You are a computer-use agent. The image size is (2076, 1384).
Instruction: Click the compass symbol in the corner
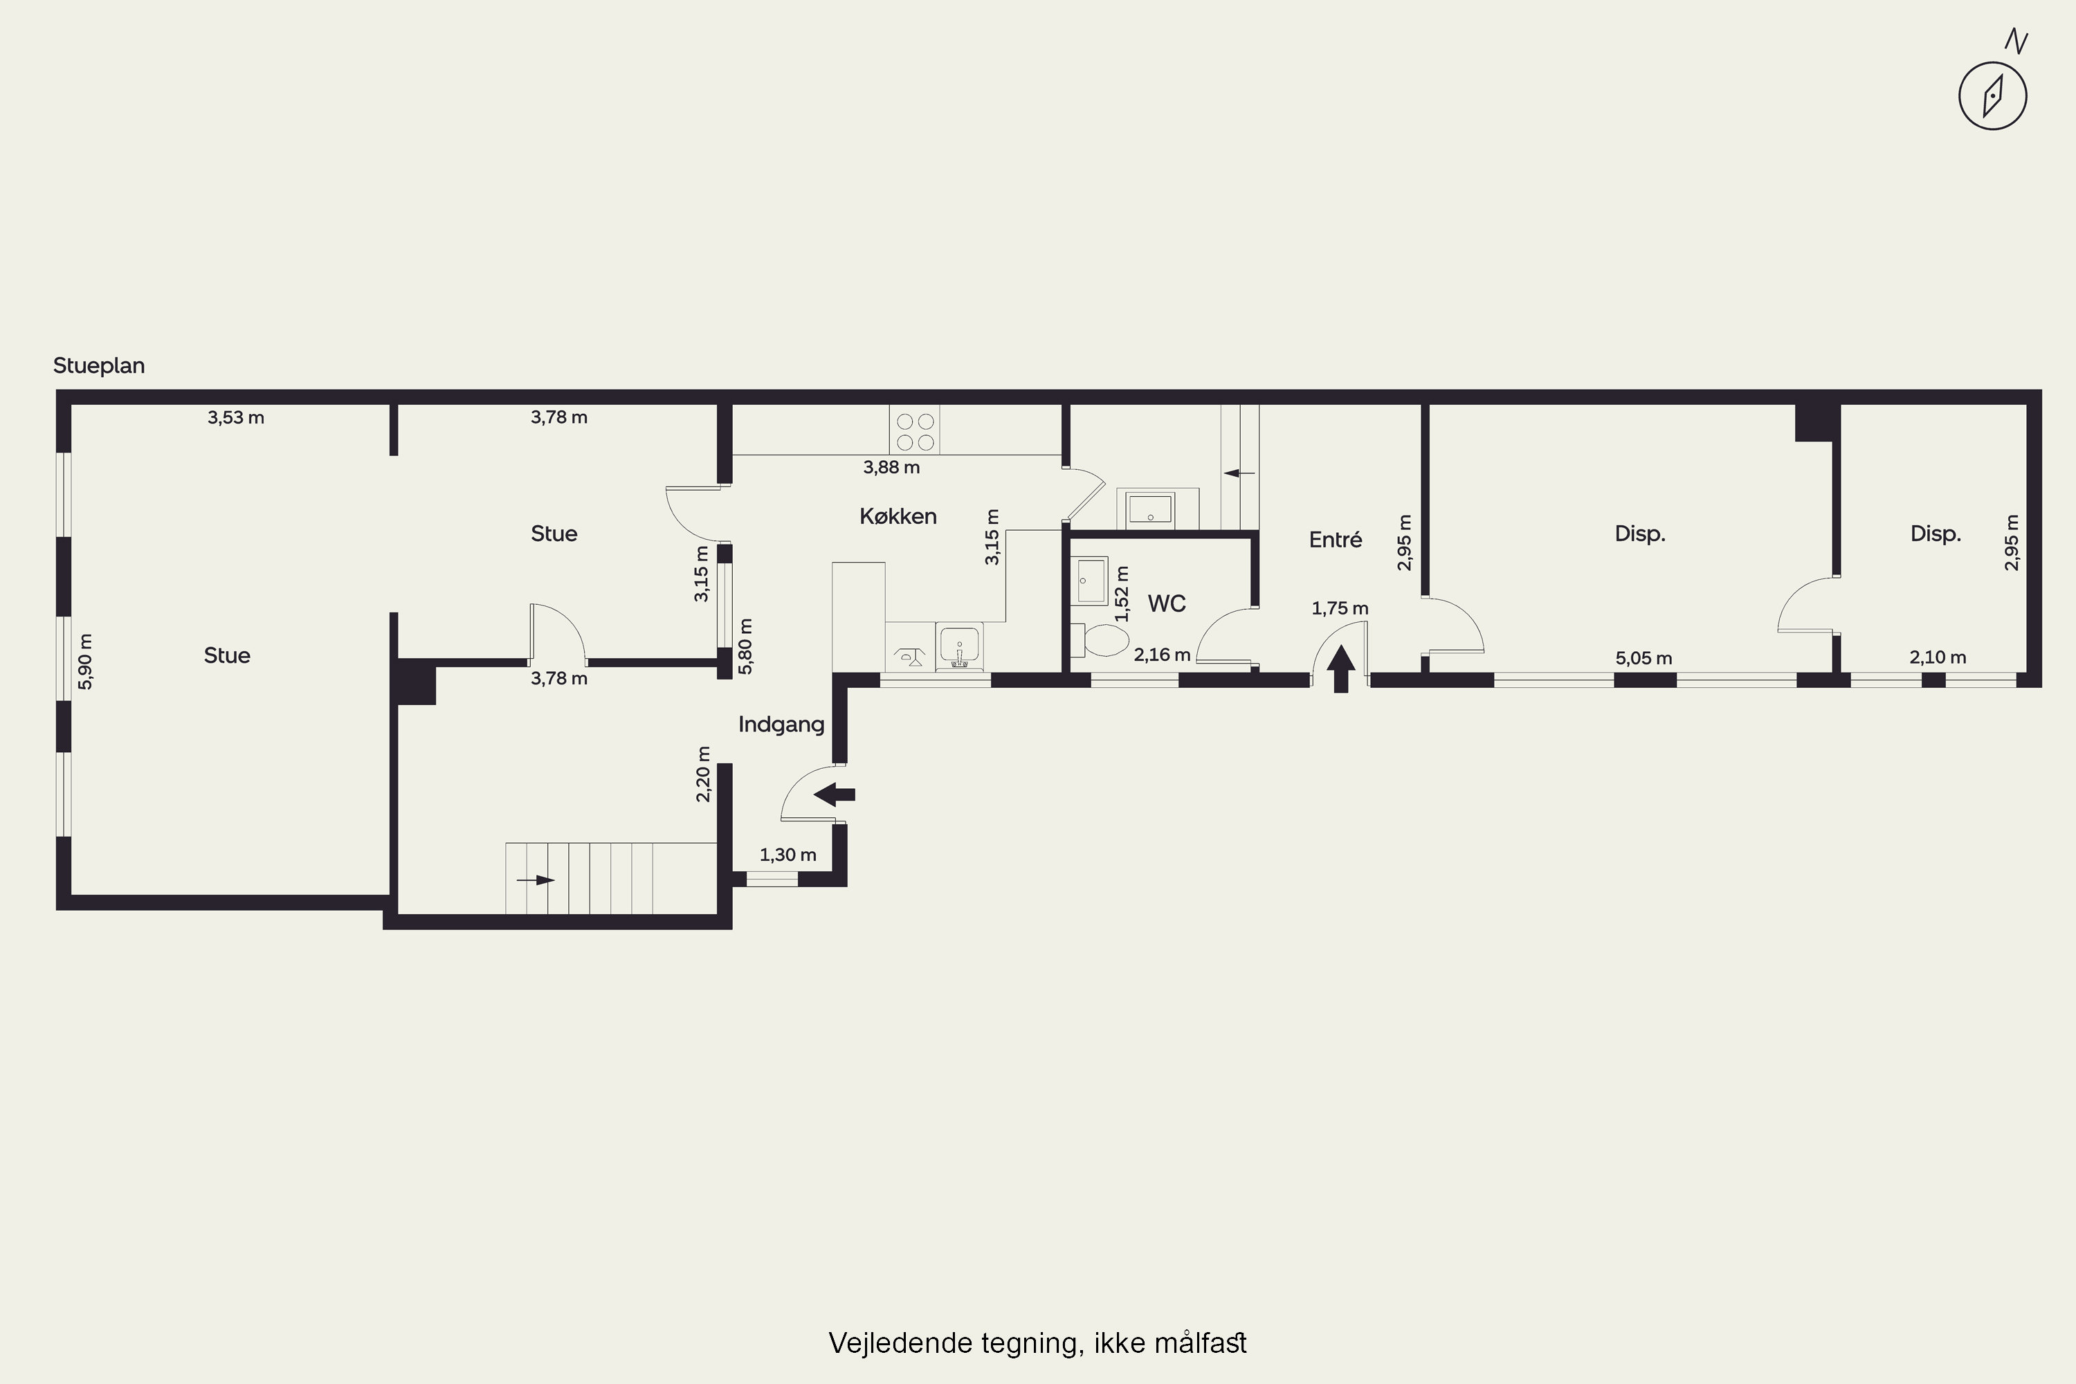point(1992,95)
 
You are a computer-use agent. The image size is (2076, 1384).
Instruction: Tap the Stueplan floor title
point(99,365)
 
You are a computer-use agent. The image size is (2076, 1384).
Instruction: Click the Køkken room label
point(898,516)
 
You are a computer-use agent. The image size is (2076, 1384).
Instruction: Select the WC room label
point(1166,603)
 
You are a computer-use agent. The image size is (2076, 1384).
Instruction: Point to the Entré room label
point(1336,539)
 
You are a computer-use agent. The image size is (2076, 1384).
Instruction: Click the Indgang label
point(781,725)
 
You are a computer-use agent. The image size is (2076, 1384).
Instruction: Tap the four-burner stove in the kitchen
point(914,430)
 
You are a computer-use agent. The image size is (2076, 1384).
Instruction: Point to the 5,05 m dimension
point(1643,659)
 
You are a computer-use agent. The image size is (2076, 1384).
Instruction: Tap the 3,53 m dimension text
point(236,417)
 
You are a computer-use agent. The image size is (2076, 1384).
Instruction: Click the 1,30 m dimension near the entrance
point(788,855)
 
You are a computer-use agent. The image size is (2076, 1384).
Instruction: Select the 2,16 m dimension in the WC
point(1162,655)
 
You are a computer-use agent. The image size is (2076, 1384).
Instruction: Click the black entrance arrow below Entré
point(1341,669)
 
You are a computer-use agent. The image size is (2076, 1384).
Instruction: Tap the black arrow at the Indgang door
point(834,794)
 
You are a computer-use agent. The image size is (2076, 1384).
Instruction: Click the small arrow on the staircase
point(535,880)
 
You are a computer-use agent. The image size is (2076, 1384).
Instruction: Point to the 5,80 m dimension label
point(746,646)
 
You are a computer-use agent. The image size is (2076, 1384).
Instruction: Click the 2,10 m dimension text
point(1938,657)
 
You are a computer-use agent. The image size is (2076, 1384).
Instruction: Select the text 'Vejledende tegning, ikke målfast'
point(1037,1343)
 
